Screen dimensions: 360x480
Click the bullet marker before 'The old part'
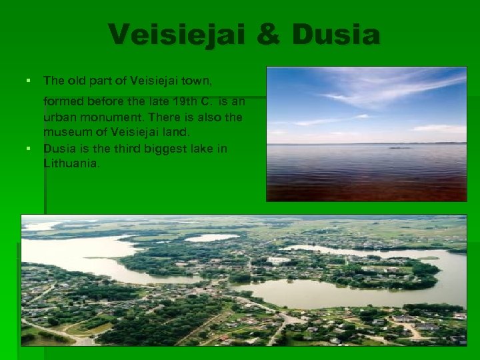pyautogui.click(x=28, y=81)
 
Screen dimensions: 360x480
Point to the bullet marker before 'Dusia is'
pyautogui.click(x=28, y=148)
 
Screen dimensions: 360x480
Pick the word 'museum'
pyautogui.click(x=64, y=132)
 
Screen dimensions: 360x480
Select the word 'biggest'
pyautogui.click(x=162, y=148)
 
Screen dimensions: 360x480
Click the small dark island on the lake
pyautogui.click(x=399, y=147)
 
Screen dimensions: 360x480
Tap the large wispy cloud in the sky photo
pyautogui.click(x=393, y=87)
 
